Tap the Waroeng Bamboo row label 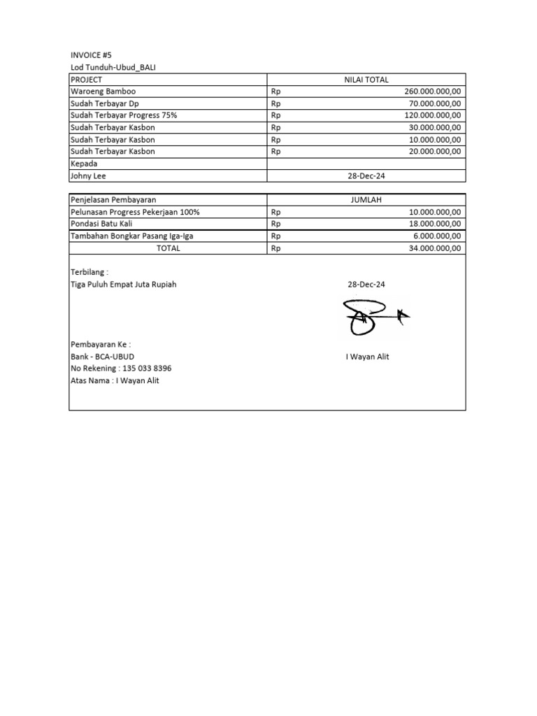tap(103, 92)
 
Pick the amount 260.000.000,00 tap(433, 92)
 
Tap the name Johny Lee tap(88, 176)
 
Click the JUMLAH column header tap(367, 200)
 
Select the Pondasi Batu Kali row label tap(102, 224)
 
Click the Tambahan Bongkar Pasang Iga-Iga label tap(132, 236)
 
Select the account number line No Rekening tap(121, 368)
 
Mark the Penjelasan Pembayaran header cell tap(113, 200)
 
